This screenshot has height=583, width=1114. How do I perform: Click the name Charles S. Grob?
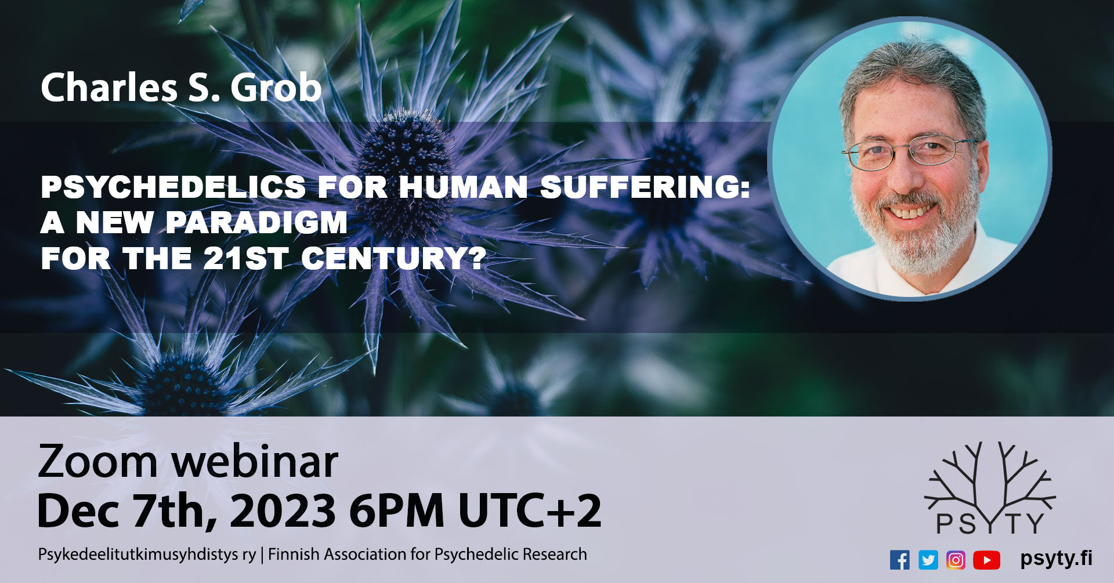pos(181,88)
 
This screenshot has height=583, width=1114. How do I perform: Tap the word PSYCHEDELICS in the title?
pos(173,187)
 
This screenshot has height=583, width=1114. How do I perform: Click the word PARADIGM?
pos(256,223)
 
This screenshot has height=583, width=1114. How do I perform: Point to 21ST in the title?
pos(245,259)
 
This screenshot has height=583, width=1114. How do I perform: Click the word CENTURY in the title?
pos(393,259)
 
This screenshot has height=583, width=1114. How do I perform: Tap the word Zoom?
pos(97,462)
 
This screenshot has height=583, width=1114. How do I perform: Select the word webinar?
pos(255,462)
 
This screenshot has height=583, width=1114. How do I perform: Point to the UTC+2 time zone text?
pos(529,511)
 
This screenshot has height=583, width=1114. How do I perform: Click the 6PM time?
pos(396,511)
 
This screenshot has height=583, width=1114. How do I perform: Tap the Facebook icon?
pos(899,560)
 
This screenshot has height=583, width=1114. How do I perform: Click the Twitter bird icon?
pos(928,560)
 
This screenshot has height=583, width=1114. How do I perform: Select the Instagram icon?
pos(956,560)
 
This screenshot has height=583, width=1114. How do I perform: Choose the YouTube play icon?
pos(986,560)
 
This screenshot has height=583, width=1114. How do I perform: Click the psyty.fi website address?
pos(1056,558)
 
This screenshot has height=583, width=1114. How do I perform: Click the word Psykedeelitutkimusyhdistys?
pos(146,555)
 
